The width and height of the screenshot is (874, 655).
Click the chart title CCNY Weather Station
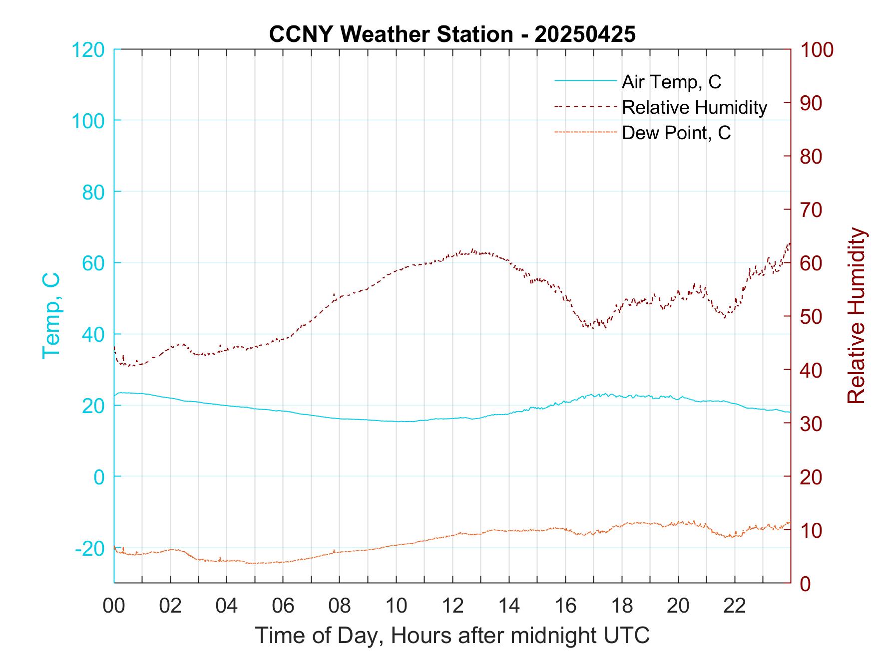coord(452,34)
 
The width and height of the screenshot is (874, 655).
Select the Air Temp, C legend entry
coord(671,82)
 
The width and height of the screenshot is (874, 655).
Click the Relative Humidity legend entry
coord(694,107)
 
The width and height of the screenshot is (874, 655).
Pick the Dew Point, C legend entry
coord(676,133)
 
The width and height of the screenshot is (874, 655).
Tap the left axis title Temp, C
coord(51,315)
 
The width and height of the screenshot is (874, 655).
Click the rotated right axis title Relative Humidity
coord(856,315)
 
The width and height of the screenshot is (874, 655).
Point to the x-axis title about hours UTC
coord(452,636)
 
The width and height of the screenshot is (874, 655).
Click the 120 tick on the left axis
coord(88,50)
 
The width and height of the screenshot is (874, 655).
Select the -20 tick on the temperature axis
coord(90,549)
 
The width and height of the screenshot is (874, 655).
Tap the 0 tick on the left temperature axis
coord(99,477)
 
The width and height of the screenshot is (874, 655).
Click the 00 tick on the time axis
coord(114,606)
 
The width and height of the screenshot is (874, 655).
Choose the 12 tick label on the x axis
coord(452,606)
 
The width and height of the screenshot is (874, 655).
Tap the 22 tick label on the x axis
coord(735,606)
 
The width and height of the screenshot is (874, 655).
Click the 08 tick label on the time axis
coord(340,606)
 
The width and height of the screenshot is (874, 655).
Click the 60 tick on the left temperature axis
coord(93,263)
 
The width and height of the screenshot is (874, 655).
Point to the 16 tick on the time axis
coord(565,606)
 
